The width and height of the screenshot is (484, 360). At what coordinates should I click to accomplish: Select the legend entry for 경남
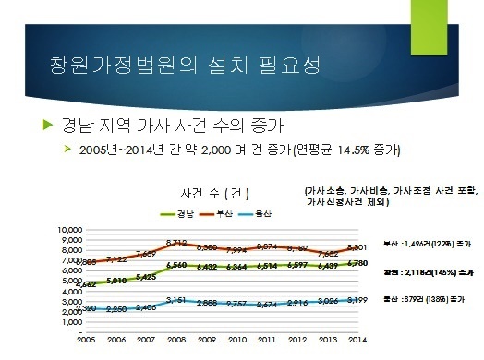click(179, 214)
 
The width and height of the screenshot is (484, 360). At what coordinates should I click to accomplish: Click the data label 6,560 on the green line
click(178, 265)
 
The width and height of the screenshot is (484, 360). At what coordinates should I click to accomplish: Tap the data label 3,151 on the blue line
click(176, 300)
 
